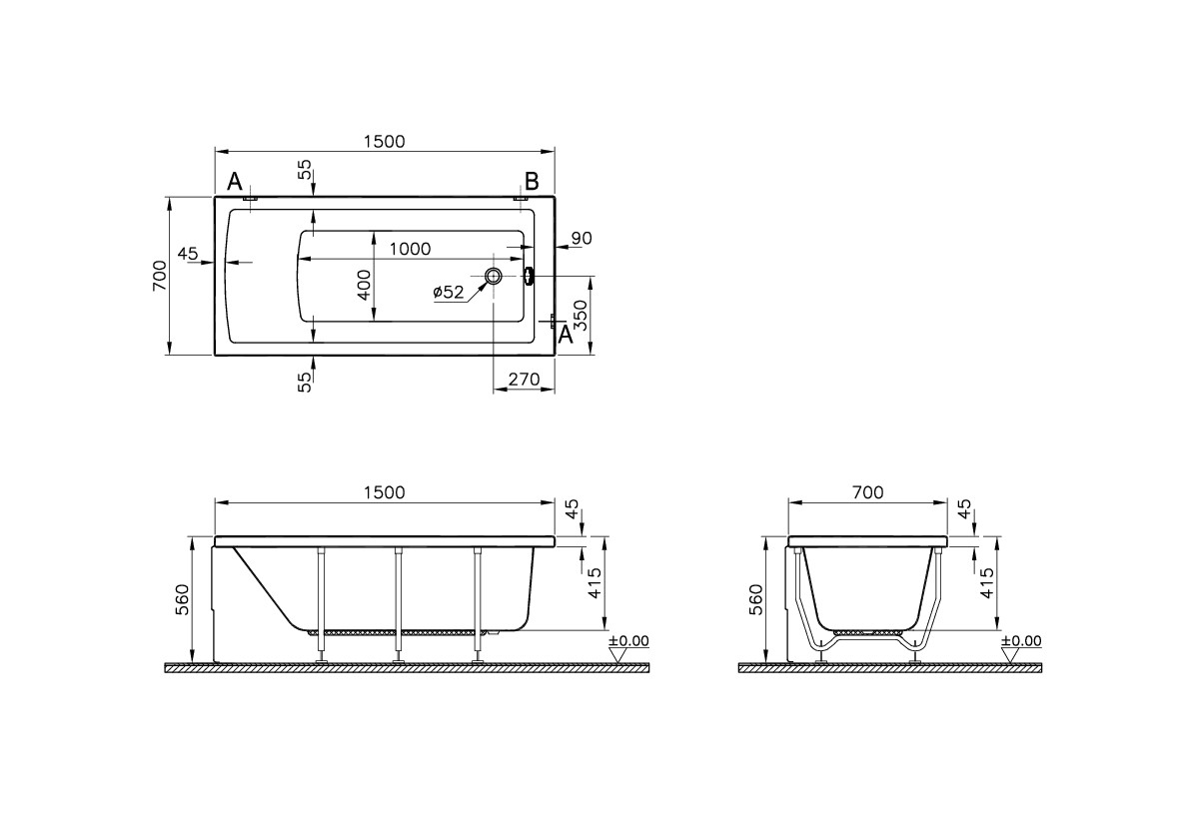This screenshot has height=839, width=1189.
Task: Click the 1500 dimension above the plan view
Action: pyautogui.click(x=385, y=142)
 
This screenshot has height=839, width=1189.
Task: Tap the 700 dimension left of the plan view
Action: pyautogui.click(x=159, y=276)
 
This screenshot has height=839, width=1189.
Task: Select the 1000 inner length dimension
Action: pyautogui.click(x=411, y=249)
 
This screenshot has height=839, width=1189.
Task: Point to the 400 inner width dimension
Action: pyautogui.click(x=365, y=285)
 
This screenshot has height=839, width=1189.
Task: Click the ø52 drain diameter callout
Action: pyautogui.click(x=449, y=292)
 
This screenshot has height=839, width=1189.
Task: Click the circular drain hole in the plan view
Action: pyautogui.click(x=494, y=276)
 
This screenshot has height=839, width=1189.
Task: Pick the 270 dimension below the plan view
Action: pyautogui.click(x=524, y=379)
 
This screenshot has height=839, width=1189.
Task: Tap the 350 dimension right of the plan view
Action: pyautogui.click(x=581, y=314)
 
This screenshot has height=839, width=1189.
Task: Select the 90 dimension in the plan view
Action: pyautogui.click(x=581, y=238)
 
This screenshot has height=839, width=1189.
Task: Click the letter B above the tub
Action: pyautogui.click(x=532, y=181)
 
